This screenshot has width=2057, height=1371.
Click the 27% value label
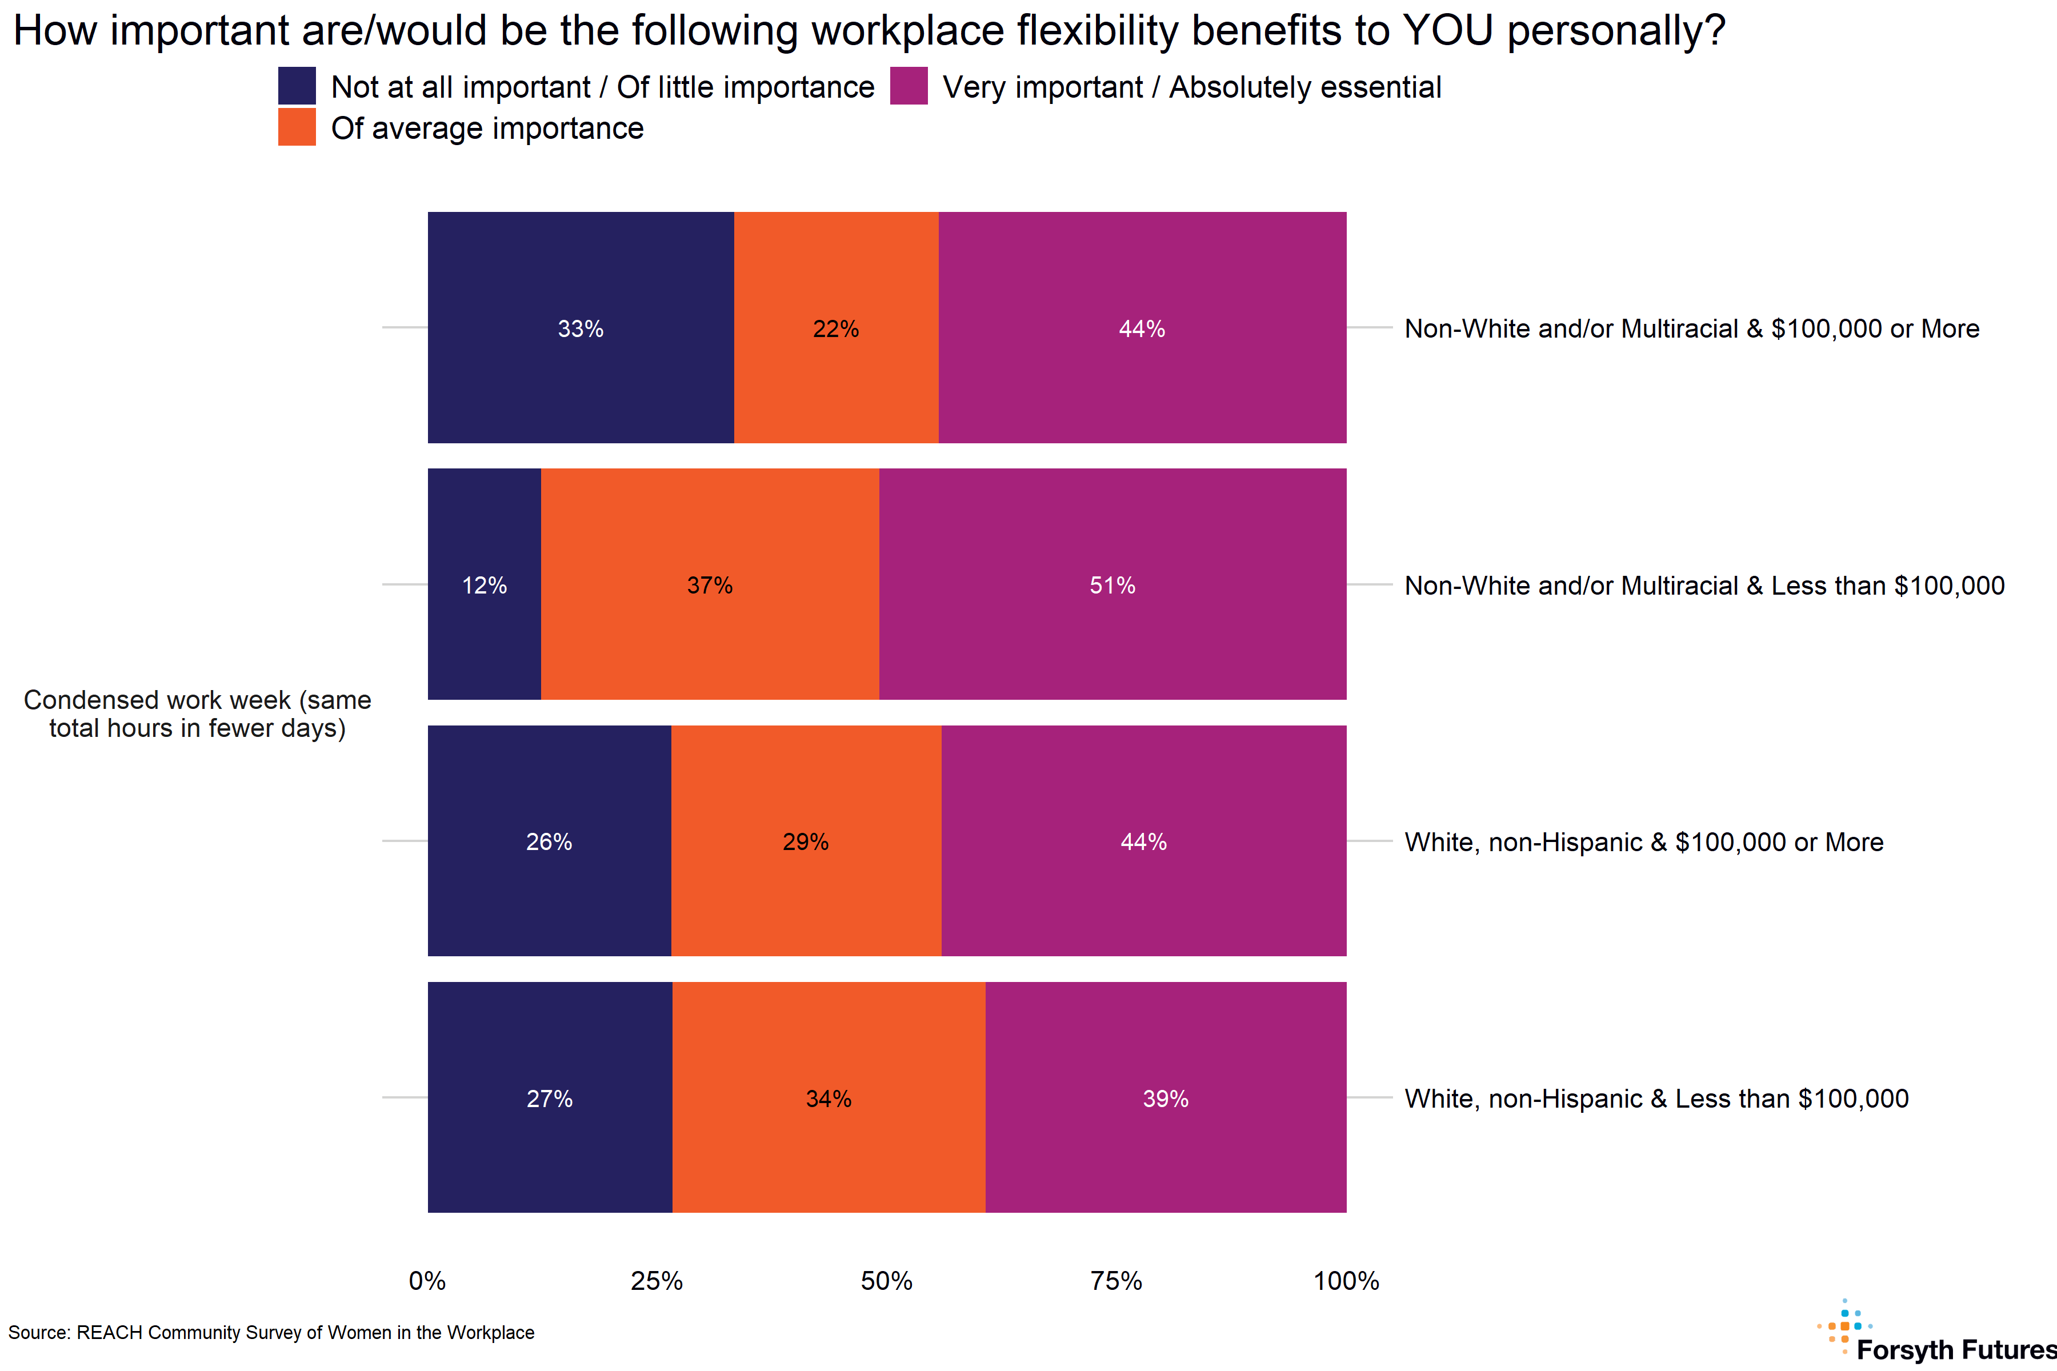tap(549, 1098)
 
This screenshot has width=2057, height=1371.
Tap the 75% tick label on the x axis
tap(1116, 1281)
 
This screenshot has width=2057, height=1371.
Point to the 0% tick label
tap(427, 1281)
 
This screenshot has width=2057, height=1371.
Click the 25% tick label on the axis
tap(657, 1281)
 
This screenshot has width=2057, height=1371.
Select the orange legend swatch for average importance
tap(297, 127)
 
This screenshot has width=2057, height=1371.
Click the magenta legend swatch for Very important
tap(909, 87)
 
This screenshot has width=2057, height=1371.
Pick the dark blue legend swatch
tap(297, 87)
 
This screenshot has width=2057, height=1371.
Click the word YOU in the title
tap(1447, 31)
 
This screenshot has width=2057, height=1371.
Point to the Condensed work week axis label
tap(198, 713)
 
